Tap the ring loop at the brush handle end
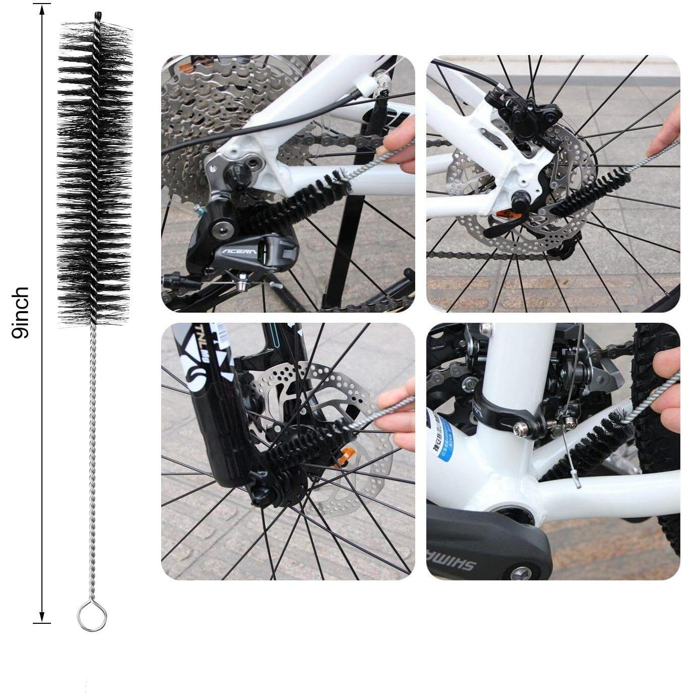(x=92, y=616)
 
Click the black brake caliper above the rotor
(x=525, y=111)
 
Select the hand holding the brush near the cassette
(x=402, y=146)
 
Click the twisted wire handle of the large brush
(x=92, y=455)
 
